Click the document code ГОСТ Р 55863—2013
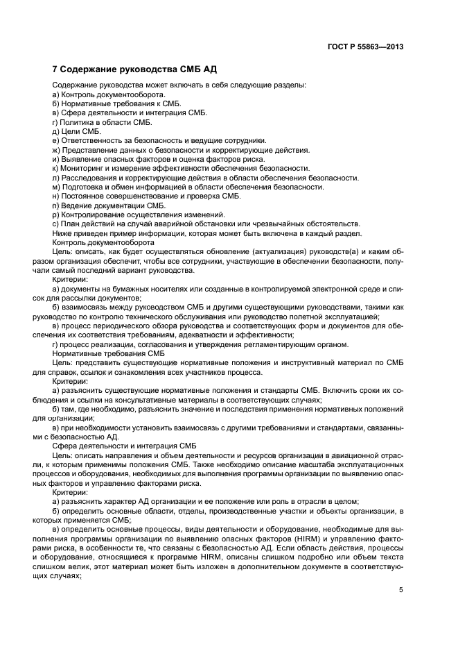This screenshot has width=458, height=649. click(366, 47)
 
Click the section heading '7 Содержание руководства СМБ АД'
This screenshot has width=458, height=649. click(125, 70)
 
